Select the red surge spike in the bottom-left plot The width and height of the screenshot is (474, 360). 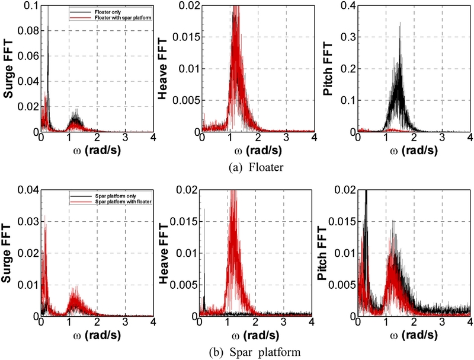pos(44,219)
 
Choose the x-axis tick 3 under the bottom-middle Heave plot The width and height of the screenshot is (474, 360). pos(284,323)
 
